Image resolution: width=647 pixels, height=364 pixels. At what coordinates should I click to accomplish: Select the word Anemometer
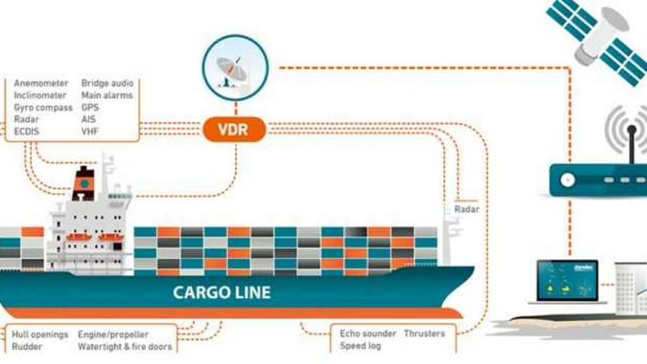40,83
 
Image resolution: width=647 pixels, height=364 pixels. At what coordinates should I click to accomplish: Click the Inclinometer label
40,96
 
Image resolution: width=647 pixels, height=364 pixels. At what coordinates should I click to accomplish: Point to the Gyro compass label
43,108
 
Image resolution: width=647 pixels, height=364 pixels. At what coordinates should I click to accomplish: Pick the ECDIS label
27,132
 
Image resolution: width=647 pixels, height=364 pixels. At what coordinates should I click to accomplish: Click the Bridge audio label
107,83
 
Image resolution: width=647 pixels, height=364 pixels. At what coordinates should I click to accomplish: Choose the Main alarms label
106,96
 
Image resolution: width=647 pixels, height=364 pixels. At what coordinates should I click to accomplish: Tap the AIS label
88,119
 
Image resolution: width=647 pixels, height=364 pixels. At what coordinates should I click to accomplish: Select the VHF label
90,132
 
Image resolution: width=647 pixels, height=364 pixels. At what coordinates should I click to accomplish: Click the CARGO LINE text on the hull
221,292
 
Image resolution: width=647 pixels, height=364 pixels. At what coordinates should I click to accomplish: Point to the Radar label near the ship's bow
467,209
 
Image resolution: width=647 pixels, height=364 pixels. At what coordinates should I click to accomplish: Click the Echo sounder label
367,334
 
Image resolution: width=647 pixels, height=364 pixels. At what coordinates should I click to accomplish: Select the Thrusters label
424,334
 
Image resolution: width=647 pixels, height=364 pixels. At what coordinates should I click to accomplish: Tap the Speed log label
360,346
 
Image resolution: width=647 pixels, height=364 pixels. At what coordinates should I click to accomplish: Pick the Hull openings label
40,335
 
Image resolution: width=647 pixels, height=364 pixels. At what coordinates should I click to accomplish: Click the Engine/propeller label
113,335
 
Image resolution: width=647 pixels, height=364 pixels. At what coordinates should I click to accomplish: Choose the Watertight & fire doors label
125,347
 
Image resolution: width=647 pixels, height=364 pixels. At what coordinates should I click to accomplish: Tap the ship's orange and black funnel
84,184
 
